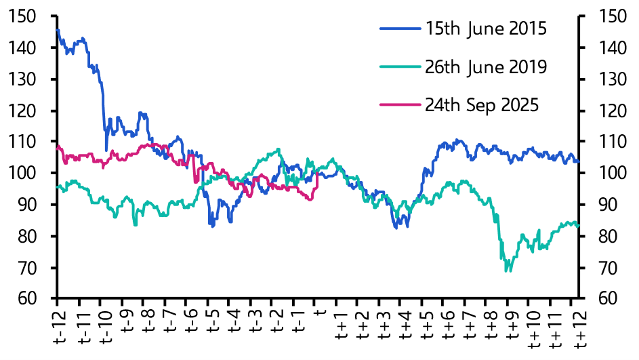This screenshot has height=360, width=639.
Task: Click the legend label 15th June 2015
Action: pos(486,29)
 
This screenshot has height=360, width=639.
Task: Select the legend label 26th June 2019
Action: pos(486,67)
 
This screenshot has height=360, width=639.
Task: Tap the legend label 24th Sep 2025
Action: pos(482,105)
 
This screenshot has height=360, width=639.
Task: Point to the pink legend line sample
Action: pos(400,105)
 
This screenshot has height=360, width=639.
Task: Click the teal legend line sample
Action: pos(400,67)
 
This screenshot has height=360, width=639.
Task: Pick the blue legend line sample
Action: pos(400,28)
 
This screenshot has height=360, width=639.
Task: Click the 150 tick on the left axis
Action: pos(22,16)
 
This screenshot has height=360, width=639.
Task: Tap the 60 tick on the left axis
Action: pos(27,298)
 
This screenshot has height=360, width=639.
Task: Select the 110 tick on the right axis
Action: pos(612,142)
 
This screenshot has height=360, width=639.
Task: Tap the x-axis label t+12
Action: pos(580,328)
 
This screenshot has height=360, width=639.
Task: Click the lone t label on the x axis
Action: pos(321,313)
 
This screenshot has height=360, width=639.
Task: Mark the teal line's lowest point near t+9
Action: pos(508,271)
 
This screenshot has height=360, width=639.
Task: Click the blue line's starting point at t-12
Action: pos(58,30)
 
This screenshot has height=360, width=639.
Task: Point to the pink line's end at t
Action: pos(317,174)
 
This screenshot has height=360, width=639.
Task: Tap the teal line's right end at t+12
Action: pos(578,226)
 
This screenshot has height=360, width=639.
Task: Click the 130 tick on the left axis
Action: pos(22,79)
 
